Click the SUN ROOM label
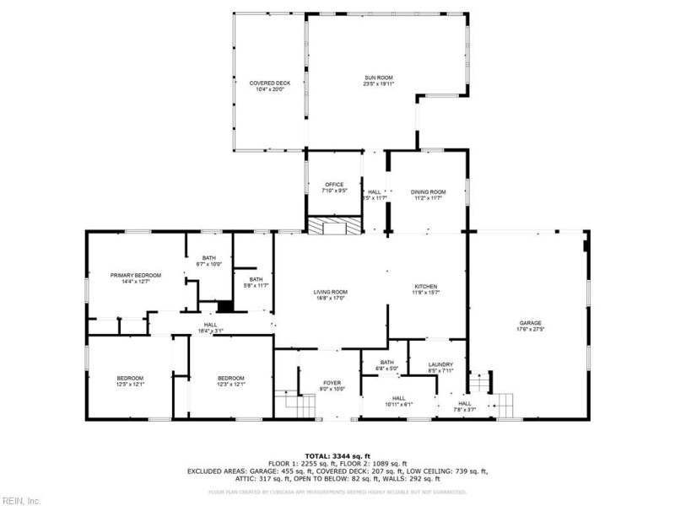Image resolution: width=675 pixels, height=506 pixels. (378, 78)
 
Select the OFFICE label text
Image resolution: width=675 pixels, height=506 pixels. (334, 185)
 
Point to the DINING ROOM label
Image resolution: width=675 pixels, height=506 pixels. (428, 192)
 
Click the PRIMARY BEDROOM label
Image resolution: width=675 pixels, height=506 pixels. (135, 275)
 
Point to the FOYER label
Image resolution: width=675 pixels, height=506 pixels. (332, 382)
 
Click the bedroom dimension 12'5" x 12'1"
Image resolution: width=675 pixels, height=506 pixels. (130, 384)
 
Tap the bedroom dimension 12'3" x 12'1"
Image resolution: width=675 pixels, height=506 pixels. (230, 384)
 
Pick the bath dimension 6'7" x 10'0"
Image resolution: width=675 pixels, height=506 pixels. (209, 265)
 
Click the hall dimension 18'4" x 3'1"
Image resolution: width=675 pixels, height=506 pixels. (210, 331)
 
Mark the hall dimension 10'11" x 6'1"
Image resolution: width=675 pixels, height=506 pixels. (398, 404)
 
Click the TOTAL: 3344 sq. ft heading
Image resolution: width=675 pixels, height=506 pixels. (337, 455)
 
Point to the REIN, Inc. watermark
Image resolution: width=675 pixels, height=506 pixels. (21, 499)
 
